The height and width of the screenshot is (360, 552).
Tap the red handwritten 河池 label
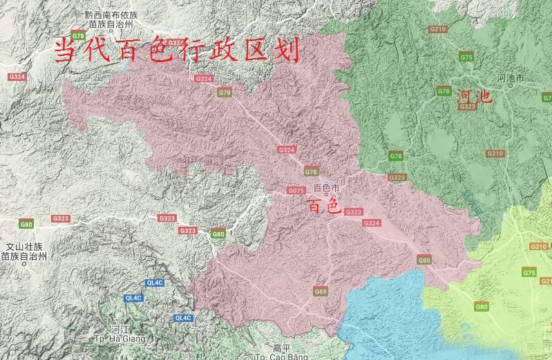474,97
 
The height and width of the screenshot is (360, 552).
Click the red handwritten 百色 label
324,206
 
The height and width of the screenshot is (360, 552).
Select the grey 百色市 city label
326,189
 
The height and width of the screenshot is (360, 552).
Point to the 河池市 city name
511,79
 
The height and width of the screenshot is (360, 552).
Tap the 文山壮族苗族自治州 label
24,252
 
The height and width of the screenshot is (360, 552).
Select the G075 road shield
296,191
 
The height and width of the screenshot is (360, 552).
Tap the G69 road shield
321,292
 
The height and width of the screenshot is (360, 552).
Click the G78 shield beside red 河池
444,91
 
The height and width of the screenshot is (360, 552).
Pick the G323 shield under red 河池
467,107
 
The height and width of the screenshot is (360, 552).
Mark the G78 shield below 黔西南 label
78,36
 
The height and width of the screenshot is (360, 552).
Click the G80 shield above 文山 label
26,224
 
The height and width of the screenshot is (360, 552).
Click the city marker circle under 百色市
326,196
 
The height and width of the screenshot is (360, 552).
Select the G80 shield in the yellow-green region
482,307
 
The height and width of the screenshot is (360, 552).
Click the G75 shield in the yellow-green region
529,273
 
